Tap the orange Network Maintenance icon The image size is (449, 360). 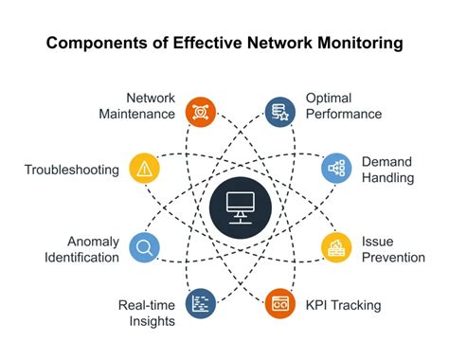(200, 113)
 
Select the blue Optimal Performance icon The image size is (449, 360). (279, 113)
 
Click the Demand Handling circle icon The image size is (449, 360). (336, 168)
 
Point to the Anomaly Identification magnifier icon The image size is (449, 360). (144, 248)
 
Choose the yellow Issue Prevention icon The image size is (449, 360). (336, 248)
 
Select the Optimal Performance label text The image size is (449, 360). (343, 105)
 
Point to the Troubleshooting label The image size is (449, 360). (72, 170)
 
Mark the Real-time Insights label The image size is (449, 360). (147, 313)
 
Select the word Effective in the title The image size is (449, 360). (202, 44)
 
